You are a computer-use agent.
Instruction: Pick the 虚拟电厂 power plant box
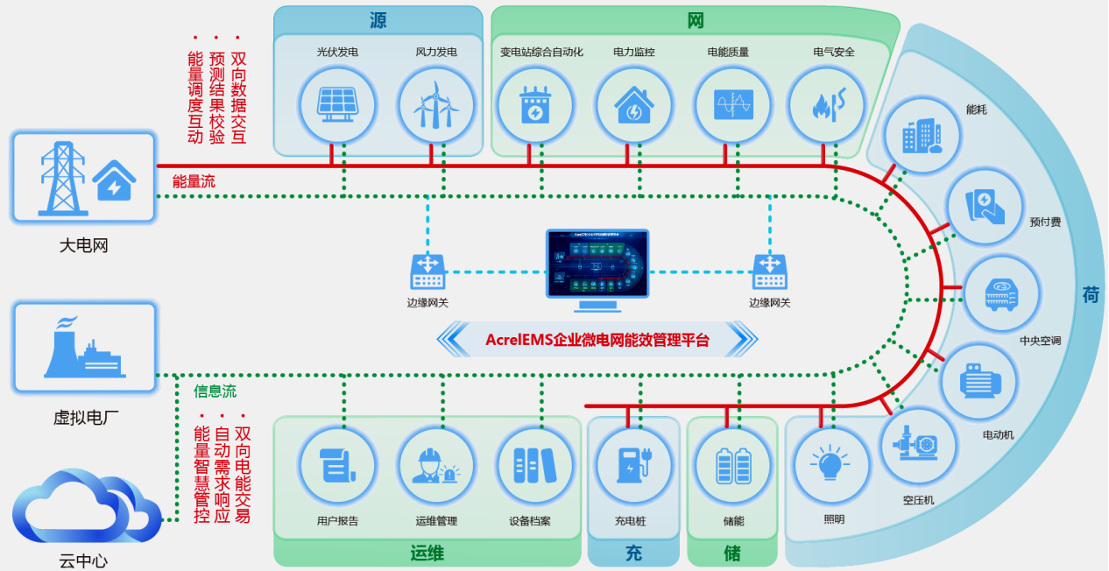pyautogui.click(x=84, y=347)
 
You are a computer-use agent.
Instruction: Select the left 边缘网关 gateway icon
pyautogui.click(x=428, y=271)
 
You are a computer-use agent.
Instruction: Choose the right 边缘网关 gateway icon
pyautogui.click(x=770, y=271)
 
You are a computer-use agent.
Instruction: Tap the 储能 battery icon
pyautogui.click(x=733, y=466)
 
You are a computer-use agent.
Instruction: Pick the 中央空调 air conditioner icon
pyautogui.click(x=1001, y=295)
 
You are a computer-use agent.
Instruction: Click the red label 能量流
pyautogui.click(x=194, y=181)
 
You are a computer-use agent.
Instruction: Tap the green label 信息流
pyautogui.click(x=215, y=391)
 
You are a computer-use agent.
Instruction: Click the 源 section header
pyautogui.click(x=378, y=21)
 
